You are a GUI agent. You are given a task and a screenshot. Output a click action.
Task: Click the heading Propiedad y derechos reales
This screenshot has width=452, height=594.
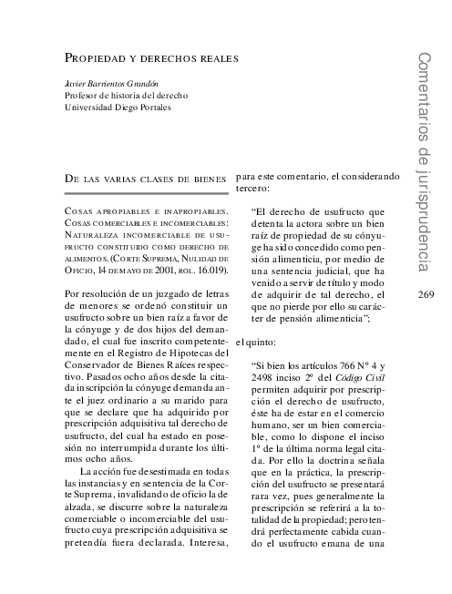point(151,58)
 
